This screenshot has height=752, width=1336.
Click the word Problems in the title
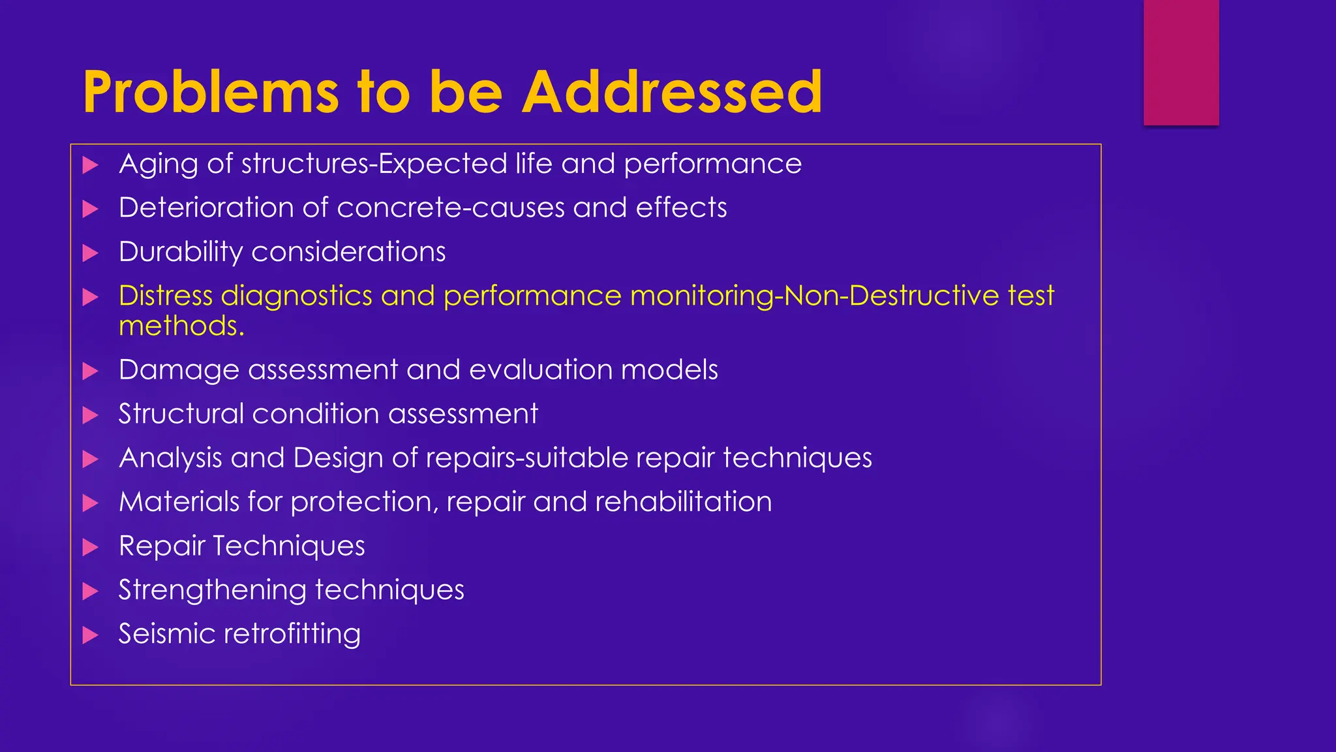pos(210,93)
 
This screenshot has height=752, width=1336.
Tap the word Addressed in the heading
pos(672,93)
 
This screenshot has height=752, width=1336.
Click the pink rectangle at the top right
pos(1181,62)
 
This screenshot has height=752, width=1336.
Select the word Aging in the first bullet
pos(158,164)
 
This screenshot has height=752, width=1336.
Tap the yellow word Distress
pos(166,296)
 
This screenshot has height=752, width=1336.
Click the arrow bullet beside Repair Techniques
pos(91,548)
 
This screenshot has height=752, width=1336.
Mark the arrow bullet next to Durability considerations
pos(91,253)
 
